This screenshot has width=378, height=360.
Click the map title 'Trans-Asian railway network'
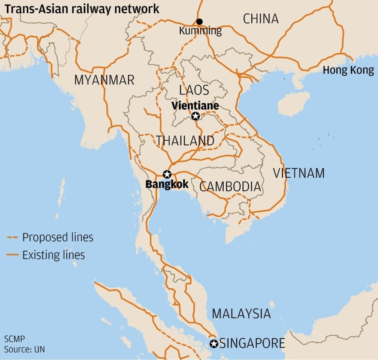pos(82,8)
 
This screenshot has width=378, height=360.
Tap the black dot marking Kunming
pos(199,21)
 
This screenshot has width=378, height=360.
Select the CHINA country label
pos(260,18)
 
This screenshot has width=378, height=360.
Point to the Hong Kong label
pos(348,70)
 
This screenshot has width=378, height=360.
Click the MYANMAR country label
pos(104,80)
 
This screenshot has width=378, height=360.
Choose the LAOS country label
pos(194,90)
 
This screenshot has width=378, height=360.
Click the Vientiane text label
pos(195,106)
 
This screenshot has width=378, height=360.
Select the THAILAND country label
pos(185,141)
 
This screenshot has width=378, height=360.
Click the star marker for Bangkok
pos(167,174)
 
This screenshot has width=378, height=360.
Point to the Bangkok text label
pos(167,184)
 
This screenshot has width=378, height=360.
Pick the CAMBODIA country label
pos(230,186)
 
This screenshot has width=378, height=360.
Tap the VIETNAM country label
pos(299,173)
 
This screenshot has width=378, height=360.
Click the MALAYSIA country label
pos(241,314)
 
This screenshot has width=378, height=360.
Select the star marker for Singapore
pos(214,344)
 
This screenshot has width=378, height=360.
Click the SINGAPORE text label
pos(252,343)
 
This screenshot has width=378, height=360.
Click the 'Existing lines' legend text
pos(54,255)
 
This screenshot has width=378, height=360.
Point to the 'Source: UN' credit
pos(24,349)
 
